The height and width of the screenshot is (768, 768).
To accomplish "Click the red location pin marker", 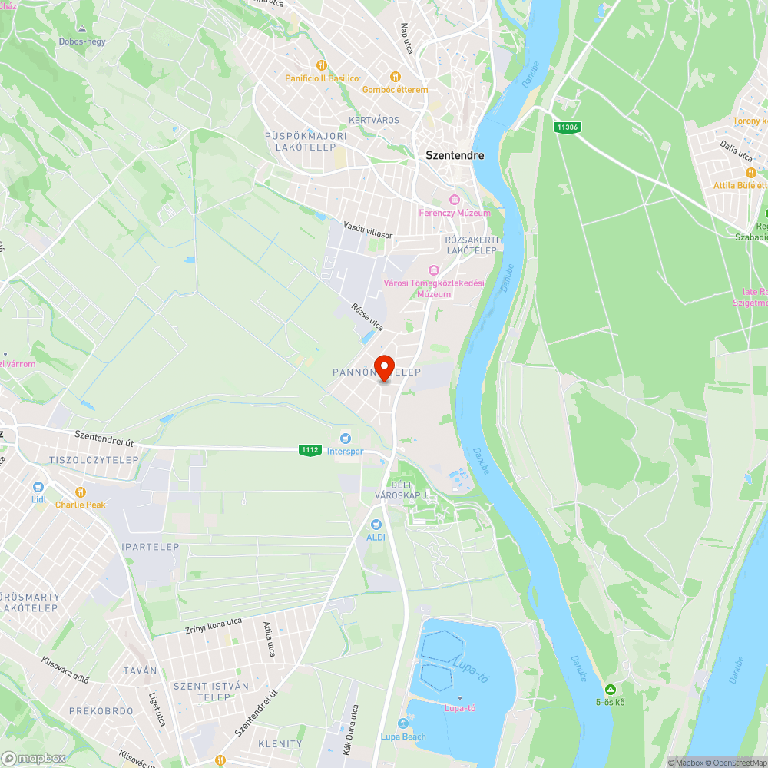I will click(383, 367).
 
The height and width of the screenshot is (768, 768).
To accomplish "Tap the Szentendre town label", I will click(455, 155).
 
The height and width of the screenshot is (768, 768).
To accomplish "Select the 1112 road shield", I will click(310, 450).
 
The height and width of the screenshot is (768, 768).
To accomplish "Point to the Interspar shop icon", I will click(345, 438).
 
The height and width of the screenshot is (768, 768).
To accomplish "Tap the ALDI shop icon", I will click(376, 524).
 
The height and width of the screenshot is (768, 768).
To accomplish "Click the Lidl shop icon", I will click(38, 487).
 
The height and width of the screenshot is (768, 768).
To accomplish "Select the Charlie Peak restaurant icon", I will click(80, 492).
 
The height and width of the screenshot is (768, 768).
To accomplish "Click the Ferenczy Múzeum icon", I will click(454, 200).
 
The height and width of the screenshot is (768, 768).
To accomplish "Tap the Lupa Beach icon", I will click(403, 723).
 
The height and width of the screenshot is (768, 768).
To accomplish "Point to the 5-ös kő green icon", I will click(610, 689).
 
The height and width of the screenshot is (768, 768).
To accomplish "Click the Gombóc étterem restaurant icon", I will click(395, 77).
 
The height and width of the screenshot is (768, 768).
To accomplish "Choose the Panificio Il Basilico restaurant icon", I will click(322, 65).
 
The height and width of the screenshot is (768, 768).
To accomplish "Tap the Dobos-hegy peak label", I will click(81, 41).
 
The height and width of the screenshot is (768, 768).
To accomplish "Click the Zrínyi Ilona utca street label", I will click(214, 626).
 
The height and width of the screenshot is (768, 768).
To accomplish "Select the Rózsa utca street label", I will click(367, 316).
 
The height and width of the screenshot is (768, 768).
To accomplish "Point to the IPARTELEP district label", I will click(150, 548).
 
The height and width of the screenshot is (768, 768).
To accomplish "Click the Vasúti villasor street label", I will click(367, 229).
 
